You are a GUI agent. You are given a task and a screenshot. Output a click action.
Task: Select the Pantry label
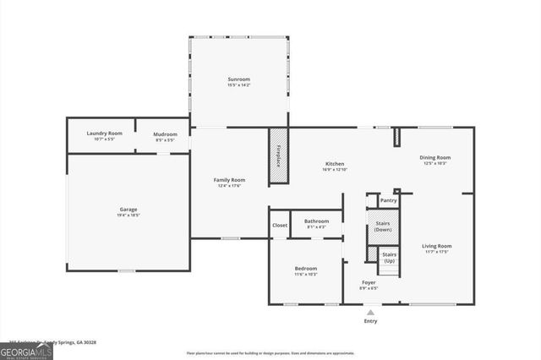388,201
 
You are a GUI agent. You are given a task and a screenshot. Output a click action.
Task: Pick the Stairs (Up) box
389,257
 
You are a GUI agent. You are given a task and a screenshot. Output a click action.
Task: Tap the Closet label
279,225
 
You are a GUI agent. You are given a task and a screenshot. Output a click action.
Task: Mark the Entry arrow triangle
369,312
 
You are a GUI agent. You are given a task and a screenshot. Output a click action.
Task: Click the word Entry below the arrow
370,321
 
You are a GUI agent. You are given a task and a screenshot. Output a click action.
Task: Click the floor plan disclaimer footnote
270,352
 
